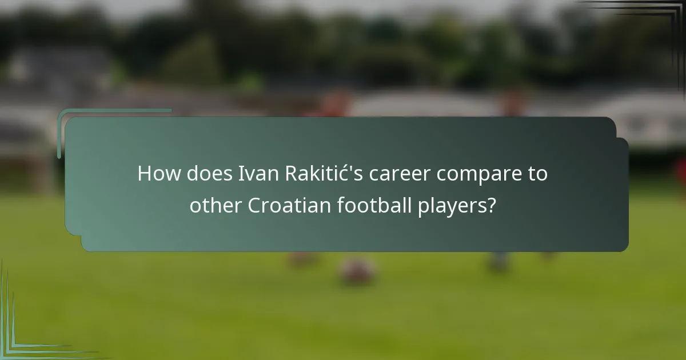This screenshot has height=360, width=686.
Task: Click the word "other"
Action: point(216,205)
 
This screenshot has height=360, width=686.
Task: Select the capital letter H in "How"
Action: point(145,174)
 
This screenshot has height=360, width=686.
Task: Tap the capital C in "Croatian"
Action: point(254,205)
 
